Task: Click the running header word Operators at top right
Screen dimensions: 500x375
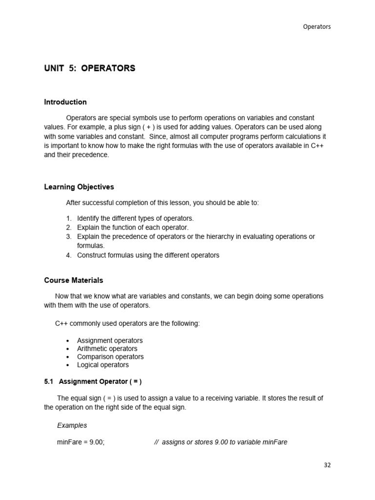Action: pyautogui.click(x=317, y=27)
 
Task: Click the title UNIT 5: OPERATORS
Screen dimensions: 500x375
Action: pyautogui.click(x=90, y=68)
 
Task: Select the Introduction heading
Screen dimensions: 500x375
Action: pyautogui.click(x=65, y=102)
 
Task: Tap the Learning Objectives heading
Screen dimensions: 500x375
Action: pyautogui.click(x=79, y=187)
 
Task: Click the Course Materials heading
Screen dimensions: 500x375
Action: pyautogui.click(x=74, y=280)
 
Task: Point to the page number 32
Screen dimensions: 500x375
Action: pyautogui.click(x=327, y=465)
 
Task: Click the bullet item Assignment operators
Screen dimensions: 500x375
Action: pyautogui.click(x=110, y=340)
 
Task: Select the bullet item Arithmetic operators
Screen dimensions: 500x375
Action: pyautogui.click(x=107, y=349)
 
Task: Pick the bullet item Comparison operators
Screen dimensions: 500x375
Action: pyautogui.click(x=110, y=357)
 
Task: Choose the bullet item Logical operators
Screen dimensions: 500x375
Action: pyautogui.click(x=103, y=365)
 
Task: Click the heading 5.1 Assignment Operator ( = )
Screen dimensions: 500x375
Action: pyautogui.click(x=93, y=381)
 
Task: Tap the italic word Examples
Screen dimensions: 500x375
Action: pyautogui.click(x=72, y=425)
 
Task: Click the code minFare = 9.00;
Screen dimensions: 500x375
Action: pyautogui.click(x=81, y=442)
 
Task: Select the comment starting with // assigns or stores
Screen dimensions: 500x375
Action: pyautogui.click(x=220, y=442)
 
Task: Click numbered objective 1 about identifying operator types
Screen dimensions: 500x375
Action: pyautogui.click(x=135, y=218)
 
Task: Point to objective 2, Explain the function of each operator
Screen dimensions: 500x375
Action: pyautogui.click(x=132, y=227)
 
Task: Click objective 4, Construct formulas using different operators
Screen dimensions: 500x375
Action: pyautogui.click(x=148, y=255)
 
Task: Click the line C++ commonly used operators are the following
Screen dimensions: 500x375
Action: pyautogui.click(x=127, y=324)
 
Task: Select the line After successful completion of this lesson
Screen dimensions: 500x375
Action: pyautogui.click(x=162, y=203)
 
